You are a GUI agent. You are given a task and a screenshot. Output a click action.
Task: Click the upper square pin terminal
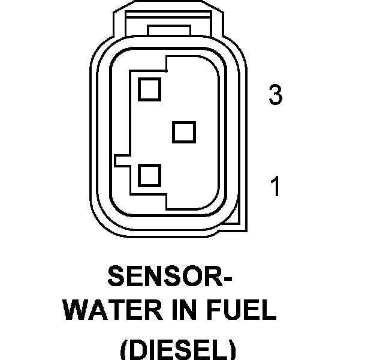[x=149, y=88]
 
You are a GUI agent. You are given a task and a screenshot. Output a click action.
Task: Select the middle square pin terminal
[x=184, y=132]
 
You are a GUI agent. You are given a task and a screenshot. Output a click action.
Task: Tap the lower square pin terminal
[x=149, y=176]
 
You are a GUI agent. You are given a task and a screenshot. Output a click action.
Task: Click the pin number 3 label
[x=275, y=95]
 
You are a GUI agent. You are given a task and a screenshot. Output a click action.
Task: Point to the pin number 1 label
[x=275, y=187]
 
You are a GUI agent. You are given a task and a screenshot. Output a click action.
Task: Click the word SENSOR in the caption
[x=161, y=277]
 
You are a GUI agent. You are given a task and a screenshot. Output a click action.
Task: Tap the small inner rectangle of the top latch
[x=169, y=29]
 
